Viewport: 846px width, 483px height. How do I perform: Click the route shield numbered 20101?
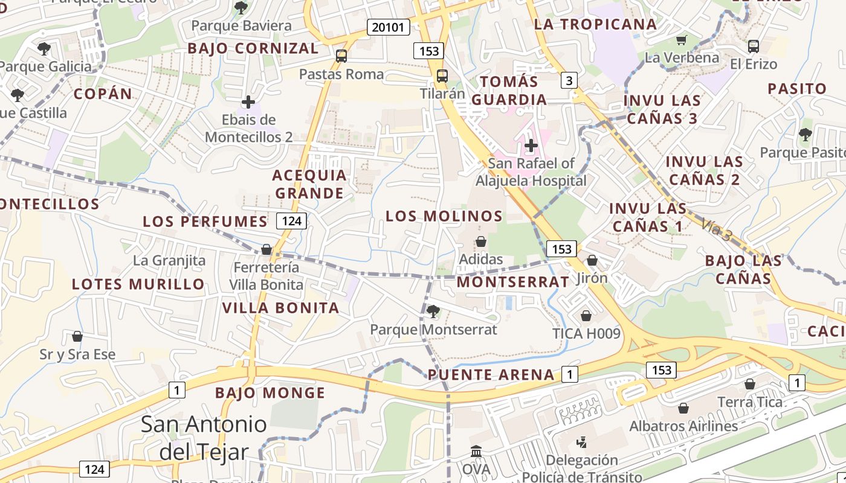click(389, 27)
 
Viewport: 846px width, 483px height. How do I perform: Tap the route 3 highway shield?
click(569, 80)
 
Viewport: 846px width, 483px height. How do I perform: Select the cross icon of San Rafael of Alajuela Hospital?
click(531, 146)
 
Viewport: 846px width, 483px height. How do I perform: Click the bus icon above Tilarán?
click(442, 76)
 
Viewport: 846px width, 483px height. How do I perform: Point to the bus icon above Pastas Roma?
click(341, 56)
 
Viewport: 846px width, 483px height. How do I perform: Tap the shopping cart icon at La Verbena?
click(682, 40)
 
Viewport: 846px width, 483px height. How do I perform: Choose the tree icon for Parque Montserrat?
click(433, 312)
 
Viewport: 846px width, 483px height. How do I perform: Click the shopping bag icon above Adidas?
click(481, 242)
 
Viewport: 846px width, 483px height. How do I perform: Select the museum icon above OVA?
click(476, 452)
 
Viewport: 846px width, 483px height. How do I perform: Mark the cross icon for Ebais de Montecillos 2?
click(248, 102)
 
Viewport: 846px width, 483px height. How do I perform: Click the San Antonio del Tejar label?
click(204, 438)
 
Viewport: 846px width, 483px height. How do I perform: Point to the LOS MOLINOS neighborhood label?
click(444, 216)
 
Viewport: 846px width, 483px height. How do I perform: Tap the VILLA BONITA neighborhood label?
click(280, 308)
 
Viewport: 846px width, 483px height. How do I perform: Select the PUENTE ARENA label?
click(491, 375)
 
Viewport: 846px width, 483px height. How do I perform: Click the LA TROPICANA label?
click(595, 24)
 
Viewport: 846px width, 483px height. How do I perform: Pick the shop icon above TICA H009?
click(586, 316)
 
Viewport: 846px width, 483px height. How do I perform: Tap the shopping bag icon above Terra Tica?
click(749, 384)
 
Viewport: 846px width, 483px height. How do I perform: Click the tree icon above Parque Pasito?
click(804, 135)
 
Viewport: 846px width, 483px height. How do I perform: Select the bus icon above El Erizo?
click(753, 46)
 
